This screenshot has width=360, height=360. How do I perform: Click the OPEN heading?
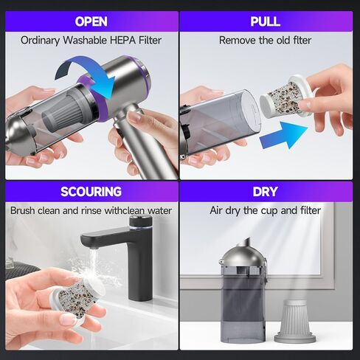pos(91,21)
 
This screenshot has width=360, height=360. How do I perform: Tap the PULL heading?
pos(266,21)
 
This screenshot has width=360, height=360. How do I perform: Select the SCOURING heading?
pos(91,192)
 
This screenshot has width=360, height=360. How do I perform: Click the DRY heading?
pos(265,192)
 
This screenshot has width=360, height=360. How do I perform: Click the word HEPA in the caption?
pos(122,41)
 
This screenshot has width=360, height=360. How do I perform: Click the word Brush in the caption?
pos(22,211)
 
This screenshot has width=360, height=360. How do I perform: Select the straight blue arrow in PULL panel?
pos(283,135)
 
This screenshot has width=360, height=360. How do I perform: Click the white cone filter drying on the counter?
pos(294,322)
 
